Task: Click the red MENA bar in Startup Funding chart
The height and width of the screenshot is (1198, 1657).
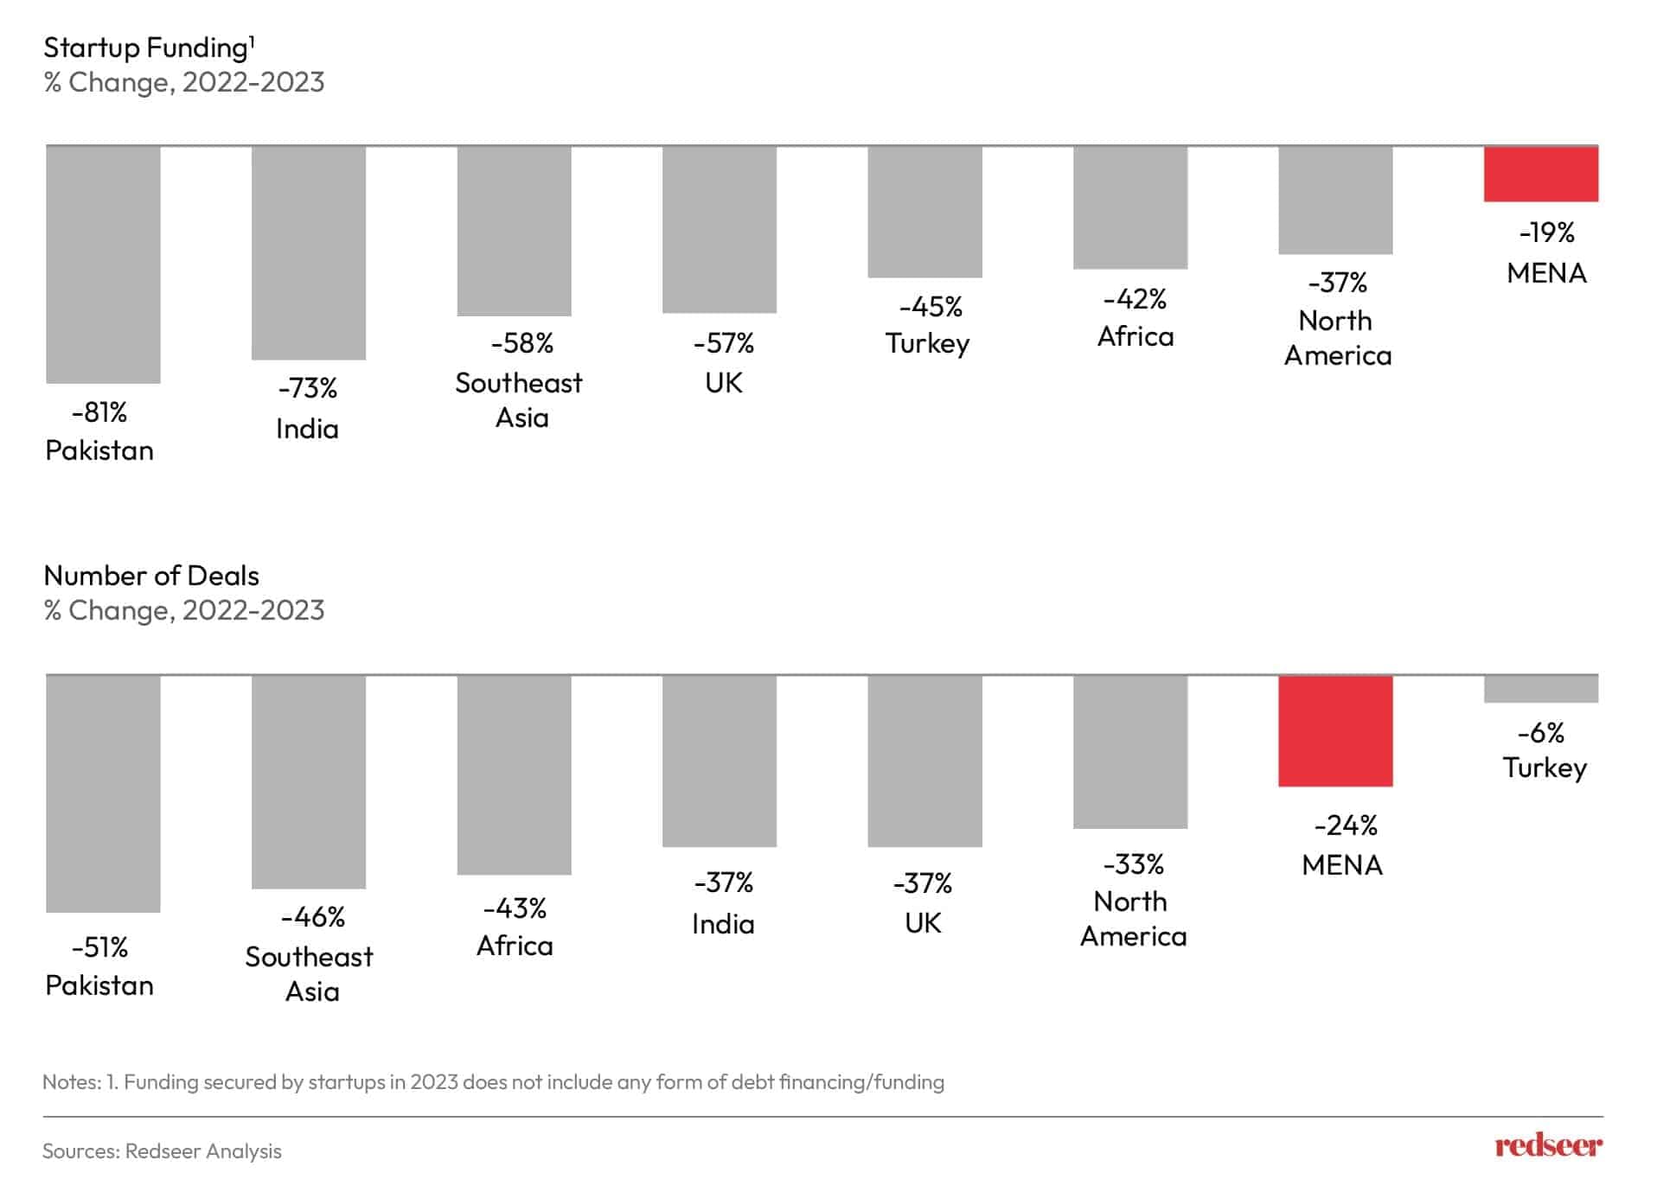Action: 1540,174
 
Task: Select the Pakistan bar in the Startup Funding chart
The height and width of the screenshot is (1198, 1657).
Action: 103,264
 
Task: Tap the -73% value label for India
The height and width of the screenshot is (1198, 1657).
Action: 308,388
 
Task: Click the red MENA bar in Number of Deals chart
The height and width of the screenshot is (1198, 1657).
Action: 1334,731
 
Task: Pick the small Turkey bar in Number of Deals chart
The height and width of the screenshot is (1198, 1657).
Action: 1540,689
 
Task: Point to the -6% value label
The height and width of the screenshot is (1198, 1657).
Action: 1540,733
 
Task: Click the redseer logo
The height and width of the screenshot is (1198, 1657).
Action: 1547,1146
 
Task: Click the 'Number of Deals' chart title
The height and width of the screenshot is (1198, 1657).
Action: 151,576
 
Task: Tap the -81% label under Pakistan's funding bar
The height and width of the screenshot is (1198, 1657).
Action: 99,412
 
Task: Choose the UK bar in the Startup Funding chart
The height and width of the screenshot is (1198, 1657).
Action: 719,230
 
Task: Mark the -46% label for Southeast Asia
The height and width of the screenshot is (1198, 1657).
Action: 312,916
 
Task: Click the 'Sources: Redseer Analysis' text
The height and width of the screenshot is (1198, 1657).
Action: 162,1151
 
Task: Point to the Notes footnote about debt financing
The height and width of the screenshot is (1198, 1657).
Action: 493,1082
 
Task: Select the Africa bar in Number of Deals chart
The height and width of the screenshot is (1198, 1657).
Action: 514,775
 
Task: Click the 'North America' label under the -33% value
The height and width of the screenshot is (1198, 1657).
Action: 1132,919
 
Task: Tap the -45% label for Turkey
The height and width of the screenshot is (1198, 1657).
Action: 930,307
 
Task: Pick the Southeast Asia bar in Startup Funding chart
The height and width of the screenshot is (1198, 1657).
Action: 514,231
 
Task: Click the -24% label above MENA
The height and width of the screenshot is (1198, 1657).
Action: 1345,825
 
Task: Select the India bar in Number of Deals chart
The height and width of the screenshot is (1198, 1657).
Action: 719,761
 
